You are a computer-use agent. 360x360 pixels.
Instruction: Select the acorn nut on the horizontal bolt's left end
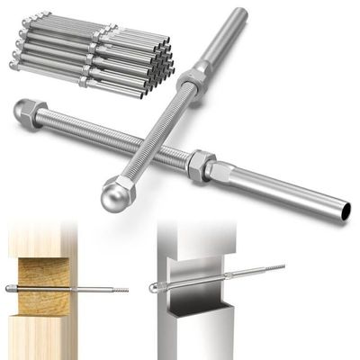coord(25,113)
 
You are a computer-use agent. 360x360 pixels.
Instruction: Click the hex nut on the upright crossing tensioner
coord(190,84)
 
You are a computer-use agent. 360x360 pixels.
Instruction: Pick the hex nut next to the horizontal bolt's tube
coord(200,165)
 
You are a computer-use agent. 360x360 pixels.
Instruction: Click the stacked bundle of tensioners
coord(90,54)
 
